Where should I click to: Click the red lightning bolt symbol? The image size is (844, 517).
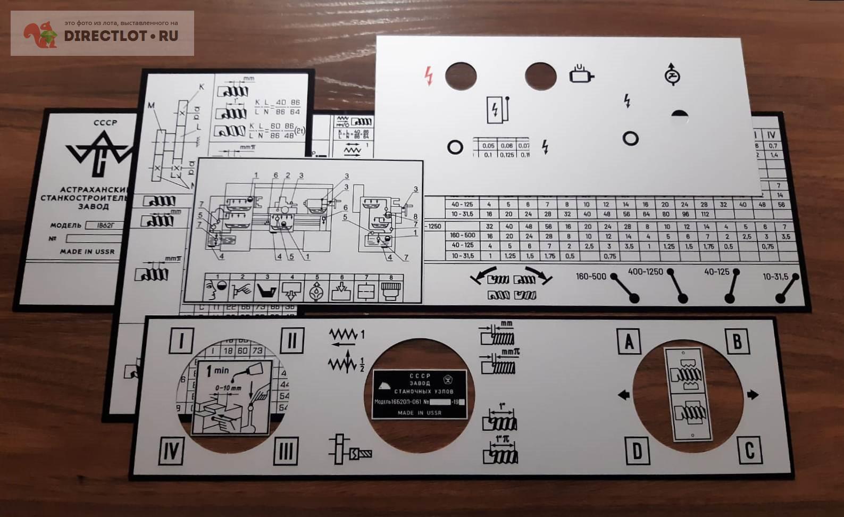[x=429, y=76]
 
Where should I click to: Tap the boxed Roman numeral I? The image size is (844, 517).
[x=181, y=340]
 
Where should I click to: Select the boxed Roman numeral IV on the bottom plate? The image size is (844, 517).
[x=171, y=451]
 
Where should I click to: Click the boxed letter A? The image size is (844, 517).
[x=629, y=341]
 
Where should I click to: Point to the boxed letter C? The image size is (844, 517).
[x=749, y=450]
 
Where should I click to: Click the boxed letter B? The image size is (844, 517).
[x=737, y=341]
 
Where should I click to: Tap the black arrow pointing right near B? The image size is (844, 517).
[x=753, y=395]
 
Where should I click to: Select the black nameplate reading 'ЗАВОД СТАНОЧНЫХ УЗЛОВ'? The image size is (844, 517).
[x=419, y=394]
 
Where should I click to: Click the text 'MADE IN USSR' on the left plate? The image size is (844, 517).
[x=87, y=252]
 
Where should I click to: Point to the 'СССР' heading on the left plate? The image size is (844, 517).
[x=105, y=122]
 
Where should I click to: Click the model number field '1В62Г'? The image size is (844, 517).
[x=105, y=225]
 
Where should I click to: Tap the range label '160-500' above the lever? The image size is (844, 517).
[x=591, y=276]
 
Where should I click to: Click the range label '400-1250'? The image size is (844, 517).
[x=645, y=272]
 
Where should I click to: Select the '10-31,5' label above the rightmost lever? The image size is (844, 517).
[x=775, y=277]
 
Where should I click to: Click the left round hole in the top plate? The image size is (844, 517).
[x=461, y=76]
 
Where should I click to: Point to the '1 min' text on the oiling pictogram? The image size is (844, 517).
[x=218, y=370]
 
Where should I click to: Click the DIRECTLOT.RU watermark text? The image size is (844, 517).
[x=121, y=36]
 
